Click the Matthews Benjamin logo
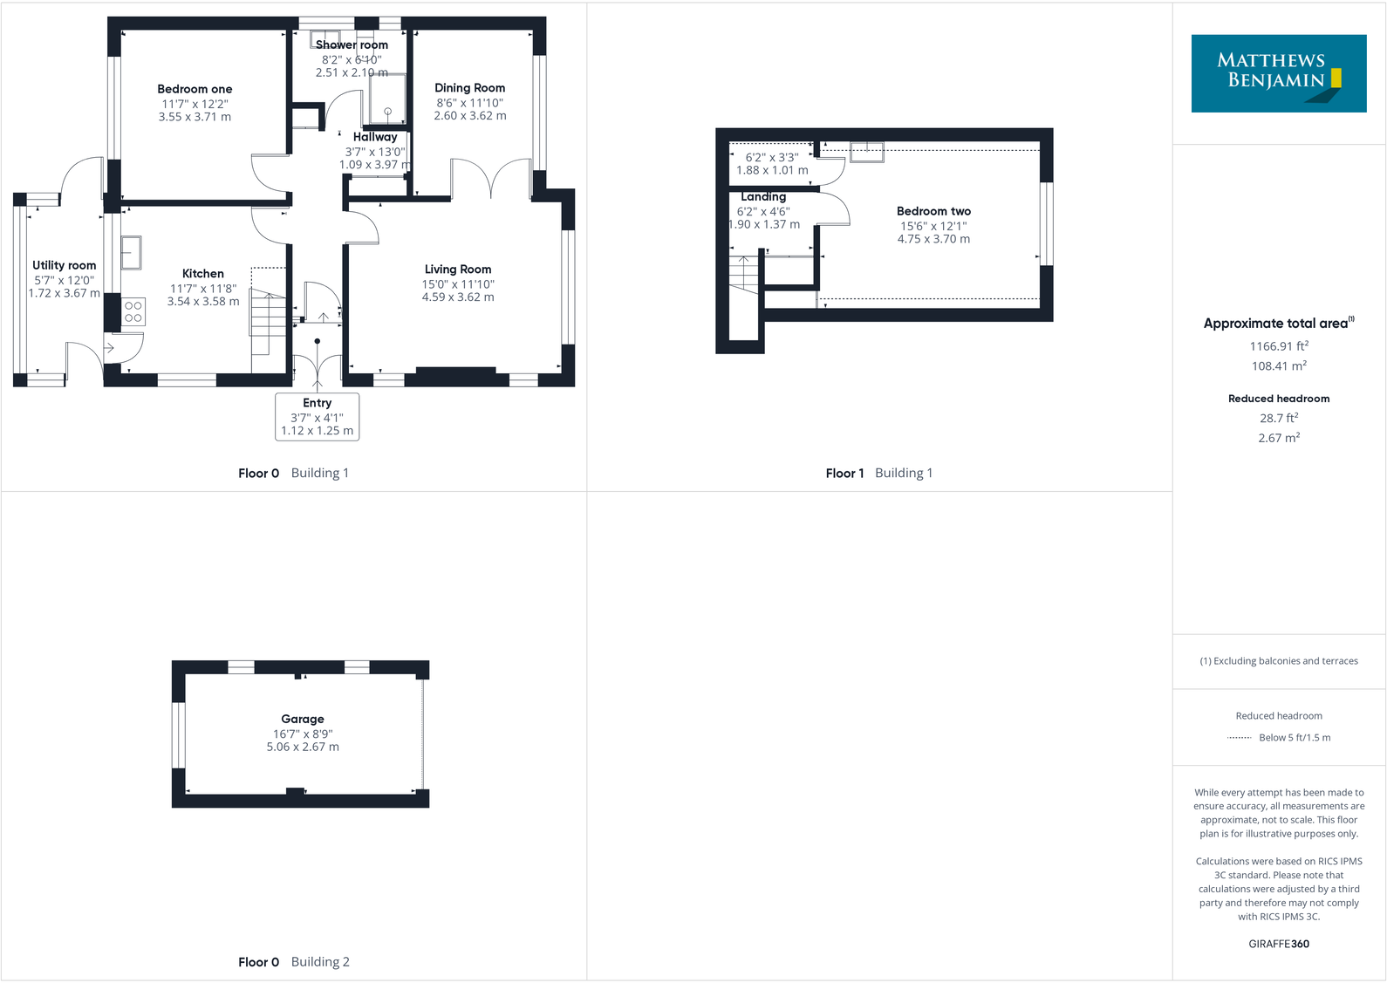point(1278,73)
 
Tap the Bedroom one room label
point(195,89)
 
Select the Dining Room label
point(469,88)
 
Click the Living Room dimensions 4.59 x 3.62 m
point(458,297)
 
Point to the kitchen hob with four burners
point(133,312)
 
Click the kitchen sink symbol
point(131,253)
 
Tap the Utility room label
point(65,265)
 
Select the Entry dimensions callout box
point(318,417)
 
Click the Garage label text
point(303,719)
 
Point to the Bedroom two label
point(933,211)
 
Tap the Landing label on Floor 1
point(763,197)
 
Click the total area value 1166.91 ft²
point(1279,346)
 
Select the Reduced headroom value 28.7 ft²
point(1279,419)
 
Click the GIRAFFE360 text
point(1279,944)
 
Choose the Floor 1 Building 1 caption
point(878,473)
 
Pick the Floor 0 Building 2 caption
point(293,962)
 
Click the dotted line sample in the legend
point(1239,738)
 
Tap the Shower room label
point(352,44)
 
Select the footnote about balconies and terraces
point(1279,661)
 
